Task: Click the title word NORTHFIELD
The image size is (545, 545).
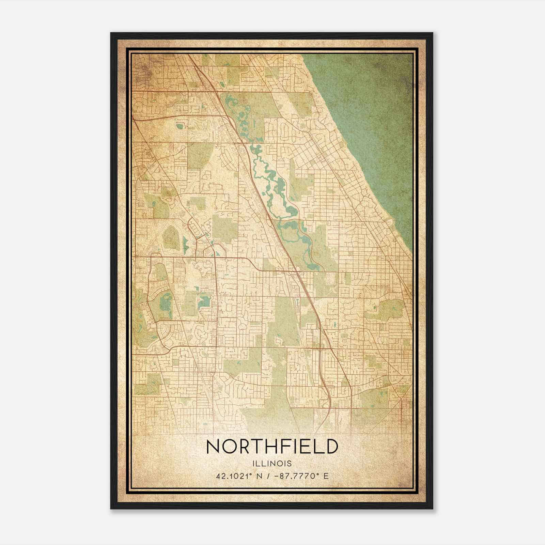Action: click(272, 447)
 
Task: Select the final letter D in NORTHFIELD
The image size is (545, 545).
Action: click(331, 447)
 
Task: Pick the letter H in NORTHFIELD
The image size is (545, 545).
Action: click(272, 447)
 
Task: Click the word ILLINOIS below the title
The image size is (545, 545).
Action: click(272, 464)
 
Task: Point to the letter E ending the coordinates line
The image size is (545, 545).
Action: click(326, 476)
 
